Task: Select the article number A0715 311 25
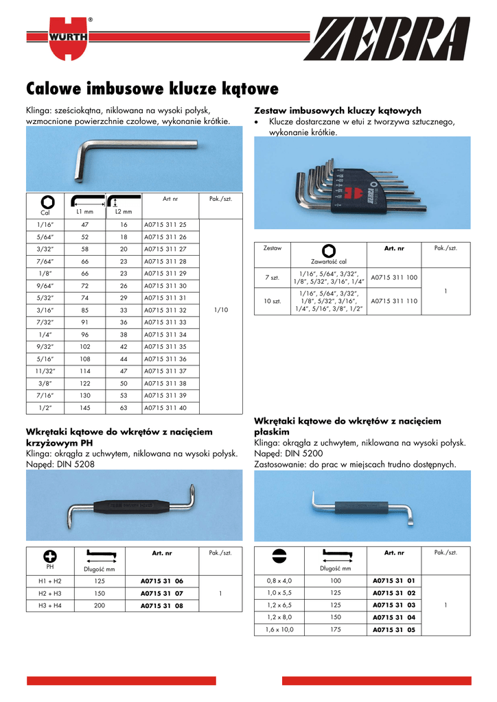click(165, 224)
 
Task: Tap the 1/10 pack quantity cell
click(220, 310)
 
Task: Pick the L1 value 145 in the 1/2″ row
click(84, 408)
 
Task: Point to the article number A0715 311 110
click(393, 300)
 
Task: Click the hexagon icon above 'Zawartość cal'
click(328, 250)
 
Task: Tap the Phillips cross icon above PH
click(49, 555)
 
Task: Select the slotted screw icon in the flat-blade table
click(279, 555)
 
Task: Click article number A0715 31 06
click(161, 581)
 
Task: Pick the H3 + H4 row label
click(49, 605)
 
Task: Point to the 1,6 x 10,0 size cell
click(279, 629)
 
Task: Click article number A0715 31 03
click(393, 605)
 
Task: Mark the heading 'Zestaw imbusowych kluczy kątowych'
click(337, 110)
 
